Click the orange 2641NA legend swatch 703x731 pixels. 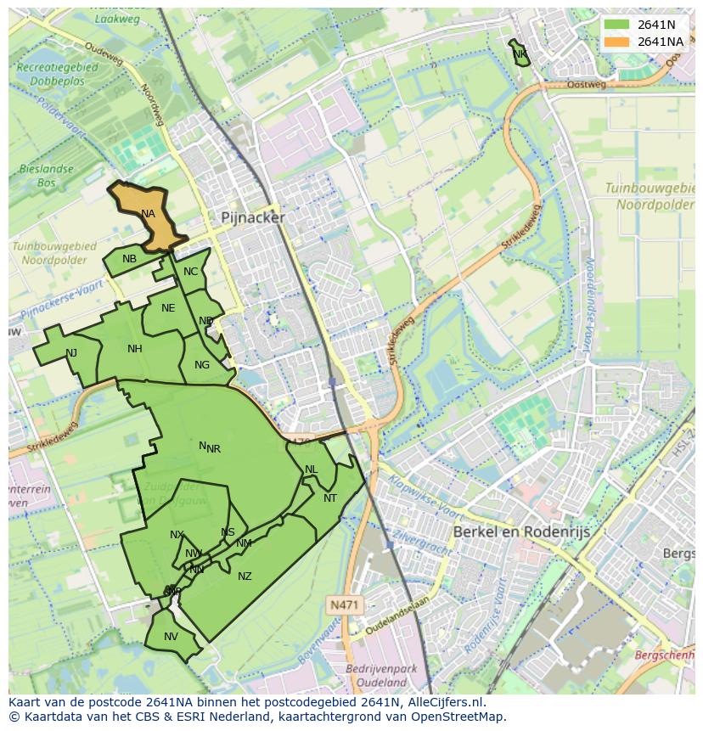point(616,41)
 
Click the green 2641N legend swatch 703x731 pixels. point(616,25)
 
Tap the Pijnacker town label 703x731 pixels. point(253,217)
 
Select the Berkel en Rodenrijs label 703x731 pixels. point(521,531)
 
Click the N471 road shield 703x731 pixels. point(344,604)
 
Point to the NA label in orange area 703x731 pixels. point(149,214)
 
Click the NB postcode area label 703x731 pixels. point(129,259)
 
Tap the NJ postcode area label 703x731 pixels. point(71,353)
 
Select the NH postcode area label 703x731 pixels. point(135,349)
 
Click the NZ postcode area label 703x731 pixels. point(245,576)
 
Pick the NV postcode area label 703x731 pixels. point(171,637)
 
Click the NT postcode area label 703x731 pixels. point(330,498)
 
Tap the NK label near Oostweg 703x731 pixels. point(520,54)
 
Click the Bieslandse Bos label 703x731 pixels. point(46,176)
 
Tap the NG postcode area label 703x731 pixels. point(202,365)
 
